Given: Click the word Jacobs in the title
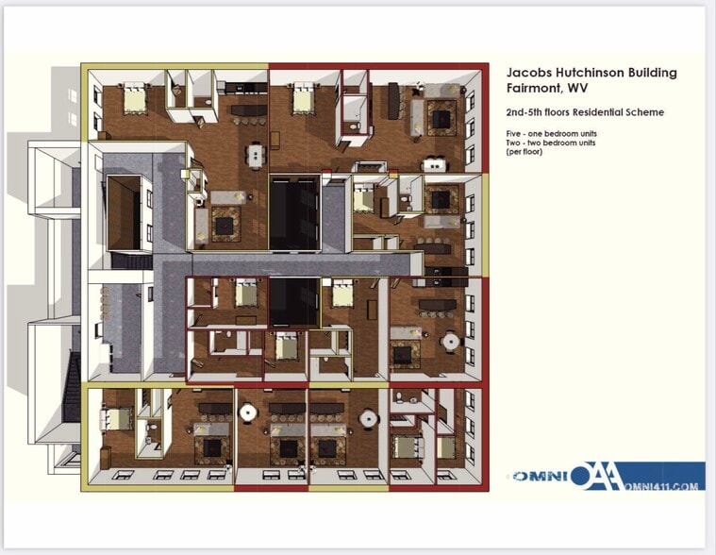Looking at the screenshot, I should click(527, 73).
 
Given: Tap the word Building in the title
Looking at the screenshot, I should click(656, 73).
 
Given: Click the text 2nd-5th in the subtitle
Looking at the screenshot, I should click(524, 112).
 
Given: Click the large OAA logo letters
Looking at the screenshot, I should click(597, 476).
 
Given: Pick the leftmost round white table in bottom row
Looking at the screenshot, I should click(249, 412).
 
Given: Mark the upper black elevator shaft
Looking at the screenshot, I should click(295, 210).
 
